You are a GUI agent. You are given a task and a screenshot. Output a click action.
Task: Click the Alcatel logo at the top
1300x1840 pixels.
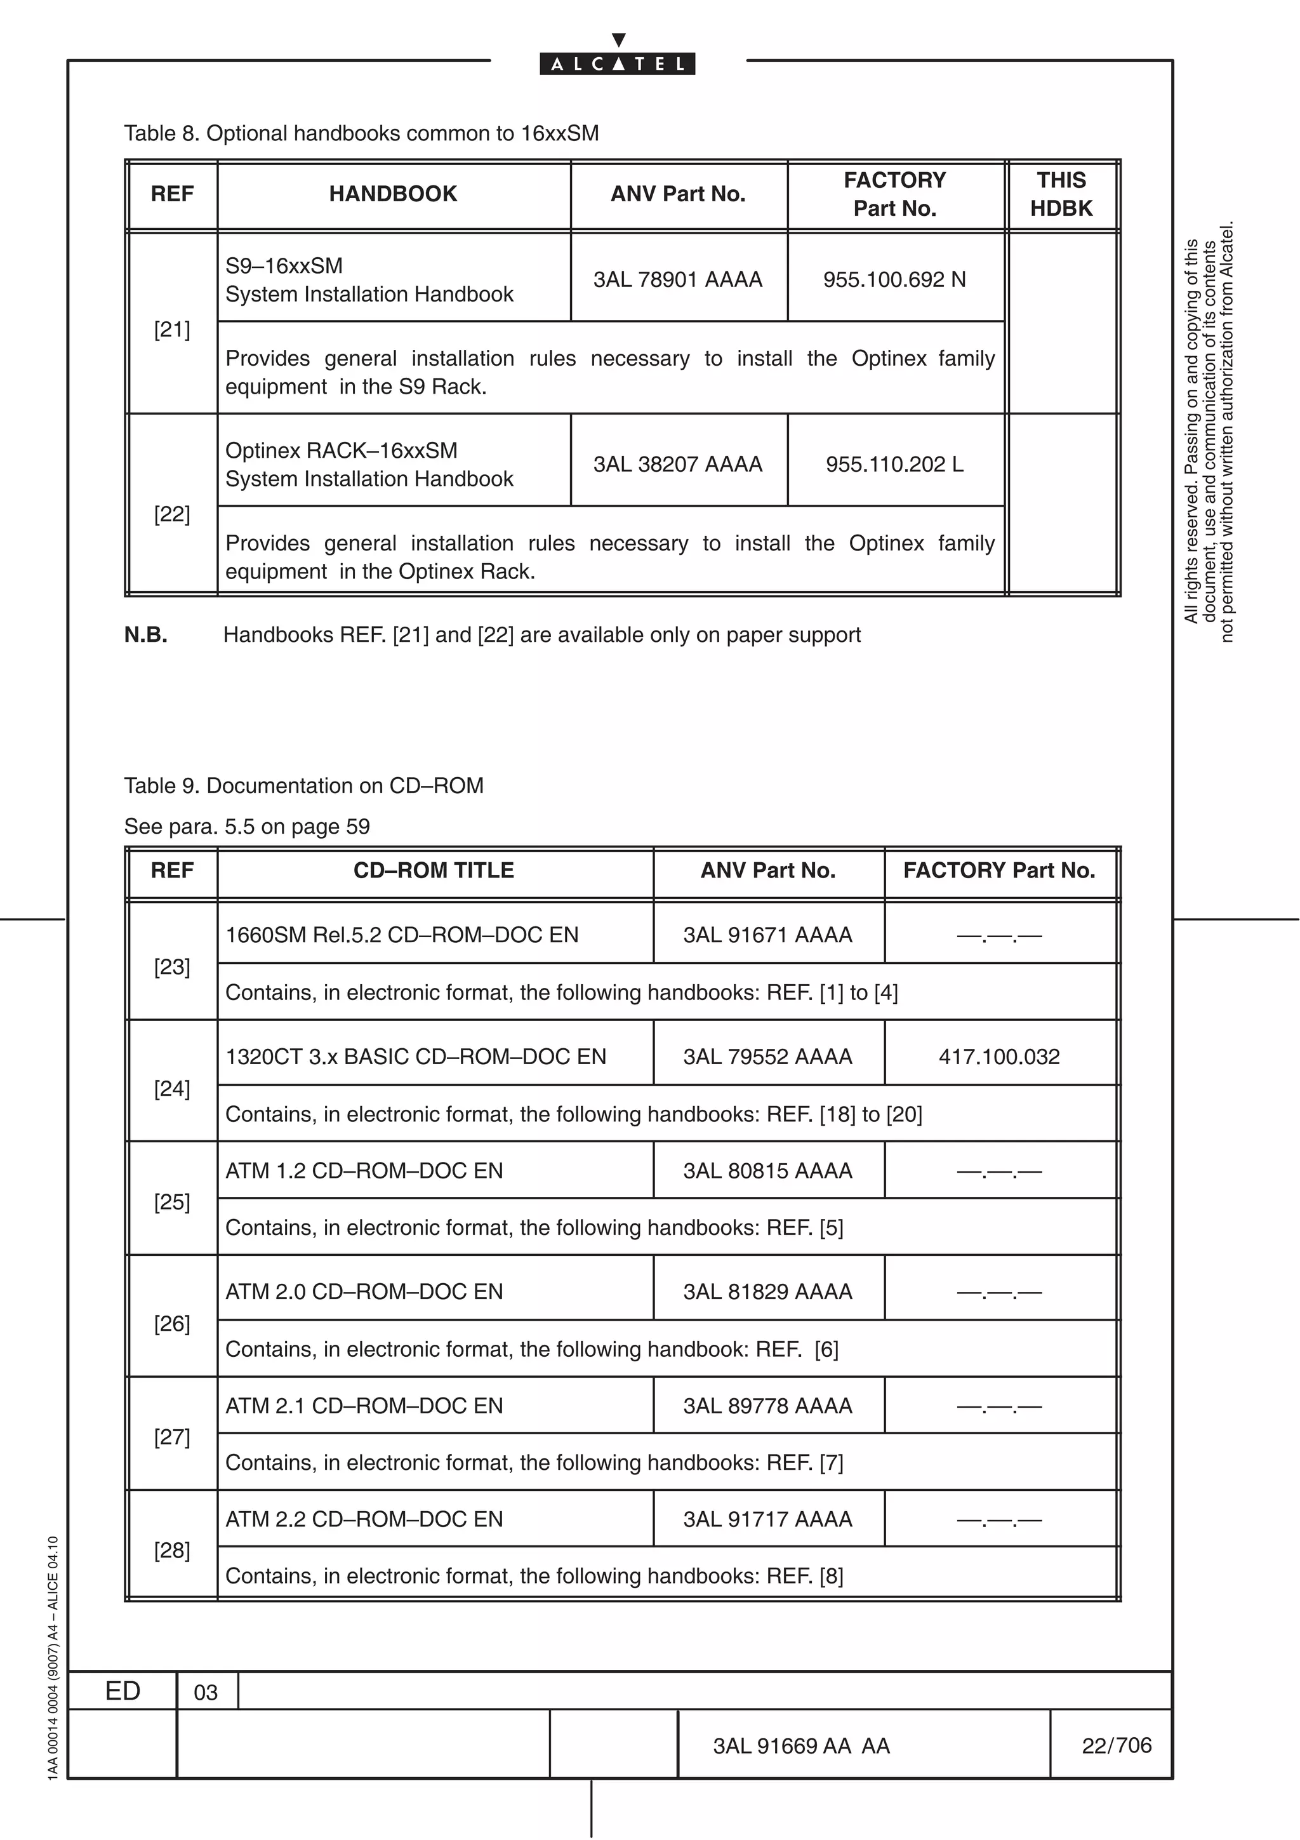coord(617,63)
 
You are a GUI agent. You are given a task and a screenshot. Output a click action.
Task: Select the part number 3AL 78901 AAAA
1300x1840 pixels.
coord(678,280)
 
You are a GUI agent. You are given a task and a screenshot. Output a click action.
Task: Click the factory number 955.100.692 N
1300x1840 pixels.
coord(894,280)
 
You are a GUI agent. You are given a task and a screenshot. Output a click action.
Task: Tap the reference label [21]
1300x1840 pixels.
coord(171,330)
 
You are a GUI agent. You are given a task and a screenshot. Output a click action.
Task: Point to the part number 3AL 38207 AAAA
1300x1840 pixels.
coord(678,464)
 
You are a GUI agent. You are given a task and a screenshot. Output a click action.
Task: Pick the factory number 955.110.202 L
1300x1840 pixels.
coord(894,464)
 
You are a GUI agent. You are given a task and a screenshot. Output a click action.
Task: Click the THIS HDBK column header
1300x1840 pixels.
coord(1061,194)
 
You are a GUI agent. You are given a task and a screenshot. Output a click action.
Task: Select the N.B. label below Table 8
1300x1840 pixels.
coord(146,635)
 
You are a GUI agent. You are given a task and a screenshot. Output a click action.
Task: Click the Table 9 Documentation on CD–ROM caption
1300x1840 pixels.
coord(303,785)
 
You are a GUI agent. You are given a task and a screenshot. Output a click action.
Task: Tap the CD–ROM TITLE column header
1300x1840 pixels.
coord(434,870)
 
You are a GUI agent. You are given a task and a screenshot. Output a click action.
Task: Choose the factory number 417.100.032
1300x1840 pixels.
coord(999,1057)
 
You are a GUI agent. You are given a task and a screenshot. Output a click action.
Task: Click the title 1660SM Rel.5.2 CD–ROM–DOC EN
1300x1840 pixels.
coord(401,935)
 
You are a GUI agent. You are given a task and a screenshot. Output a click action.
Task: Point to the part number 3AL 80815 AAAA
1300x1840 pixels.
coord(767,1171)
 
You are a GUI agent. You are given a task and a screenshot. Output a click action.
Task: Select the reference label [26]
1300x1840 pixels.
coord(171,1324)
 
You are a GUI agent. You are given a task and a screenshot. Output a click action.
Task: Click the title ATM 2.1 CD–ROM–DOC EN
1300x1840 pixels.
coord(364,1406)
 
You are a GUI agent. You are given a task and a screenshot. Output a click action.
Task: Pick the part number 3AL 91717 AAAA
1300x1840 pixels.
coord(767,1519)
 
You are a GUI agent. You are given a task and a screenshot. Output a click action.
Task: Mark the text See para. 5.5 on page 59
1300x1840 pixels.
coord(247,826)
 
